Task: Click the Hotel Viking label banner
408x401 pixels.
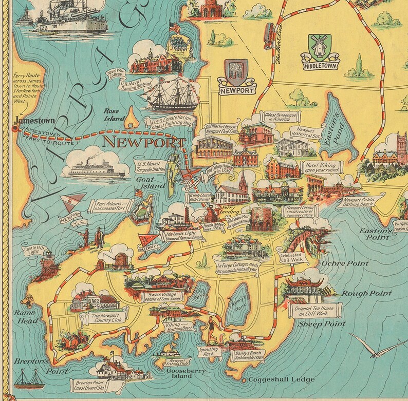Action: (x=323, y=167)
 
